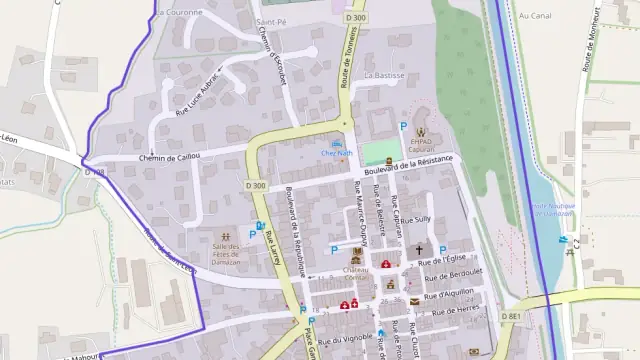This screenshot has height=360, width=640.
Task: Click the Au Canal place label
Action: (536, 16)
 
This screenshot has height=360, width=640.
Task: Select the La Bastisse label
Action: (384, 75)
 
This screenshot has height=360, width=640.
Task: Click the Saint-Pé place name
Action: (271, 21)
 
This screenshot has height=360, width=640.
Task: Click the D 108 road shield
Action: (94, 172)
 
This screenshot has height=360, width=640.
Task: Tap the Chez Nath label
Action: (335, 153)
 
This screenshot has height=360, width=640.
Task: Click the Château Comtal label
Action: (357, 272)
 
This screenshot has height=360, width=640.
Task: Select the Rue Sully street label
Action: (415, 218)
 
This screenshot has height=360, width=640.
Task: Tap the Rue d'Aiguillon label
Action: (446, 293)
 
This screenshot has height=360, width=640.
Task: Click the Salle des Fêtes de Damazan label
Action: (226, 254)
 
